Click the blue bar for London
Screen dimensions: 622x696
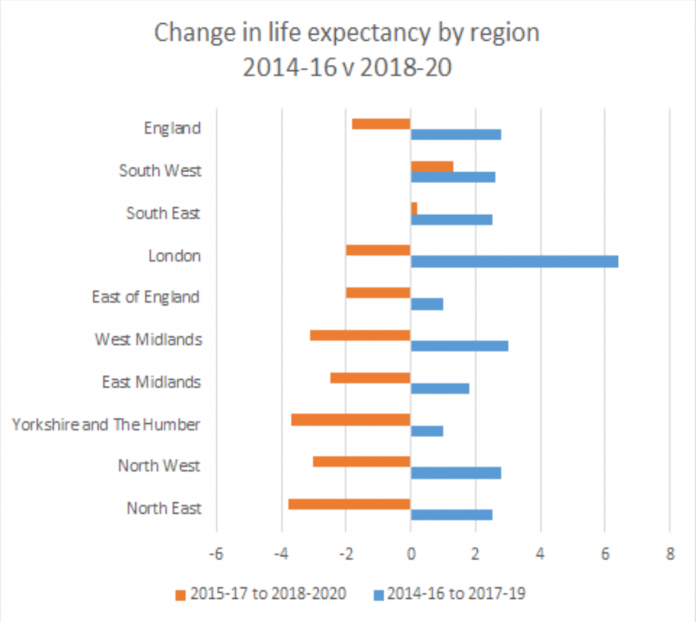(514, 261)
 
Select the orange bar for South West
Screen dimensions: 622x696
(432, 167)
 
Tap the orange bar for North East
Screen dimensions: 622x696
(349, 504)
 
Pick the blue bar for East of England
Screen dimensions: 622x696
(427, 304)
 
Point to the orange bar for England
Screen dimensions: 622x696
(381, 124)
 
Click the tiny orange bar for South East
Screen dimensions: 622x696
(414, 208)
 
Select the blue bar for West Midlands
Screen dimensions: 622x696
(459, 346)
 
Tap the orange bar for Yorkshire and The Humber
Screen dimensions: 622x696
(351, 420)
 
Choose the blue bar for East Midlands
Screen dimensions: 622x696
(440, 389)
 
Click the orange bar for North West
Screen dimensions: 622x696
(362, 462)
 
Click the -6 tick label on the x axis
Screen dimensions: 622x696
(216, 554)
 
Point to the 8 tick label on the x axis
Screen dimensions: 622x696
(669, 554)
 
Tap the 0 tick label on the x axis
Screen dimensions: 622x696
(411, 554)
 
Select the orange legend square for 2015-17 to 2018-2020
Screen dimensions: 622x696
(180, 594)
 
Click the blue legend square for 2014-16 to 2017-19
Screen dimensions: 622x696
(378, 594)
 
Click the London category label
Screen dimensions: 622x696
(175, 257)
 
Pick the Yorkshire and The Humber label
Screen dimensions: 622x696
(106, 425)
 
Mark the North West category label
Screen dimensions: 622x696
(159, 466)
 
